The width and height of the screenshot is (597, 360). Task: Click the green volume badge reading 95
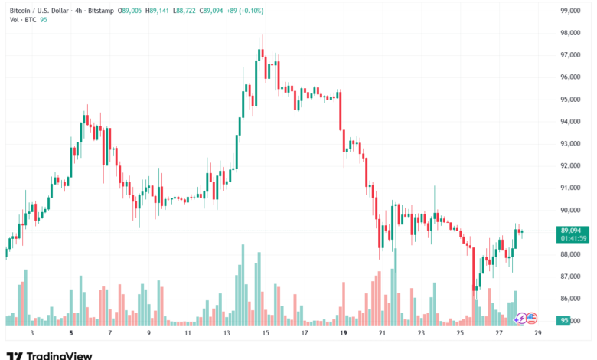pos(565,321)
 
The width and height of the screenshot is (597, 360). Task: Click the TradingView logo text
pos(59,355)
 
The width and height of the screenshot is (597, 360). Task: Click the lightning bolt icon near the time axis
pos(521,318)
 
